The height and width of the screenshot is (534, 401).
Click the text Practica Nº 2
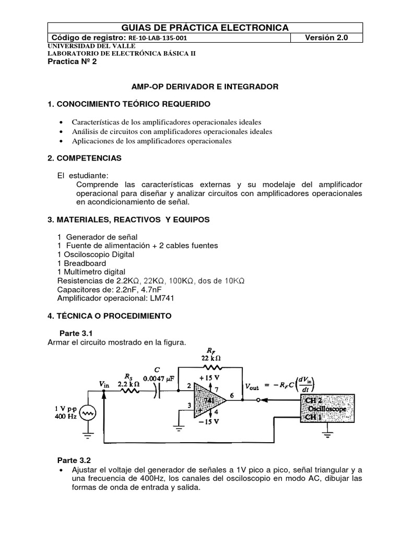point(72,61)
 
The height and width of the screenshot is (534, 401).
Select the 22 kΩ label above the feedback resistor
point(210,358)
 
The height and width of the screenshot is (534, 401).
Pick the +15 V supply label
point(208,378)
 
